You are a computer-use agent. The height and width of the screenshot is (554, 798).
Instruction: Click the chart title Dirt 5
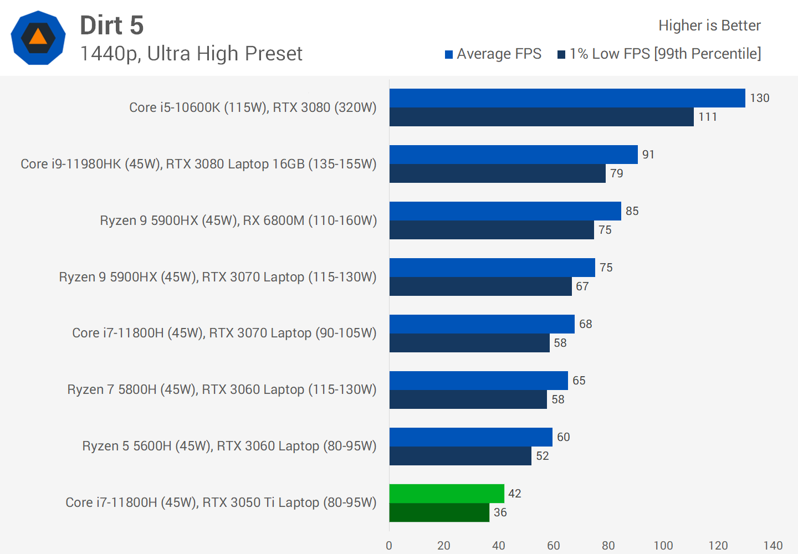click(112, 25)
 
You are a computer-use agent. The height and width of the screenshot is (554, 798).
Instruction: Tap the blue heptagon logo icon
click(38, 38)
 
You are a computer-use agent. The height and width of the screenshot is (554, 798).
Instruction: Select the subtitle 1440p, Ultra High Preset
click(191, 54)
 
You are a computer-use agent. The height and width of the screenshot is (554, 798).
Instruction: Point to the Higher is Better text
click(709, 25)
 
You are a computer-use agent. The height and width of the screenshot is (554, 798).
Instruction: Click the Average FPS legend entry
click(493, 54)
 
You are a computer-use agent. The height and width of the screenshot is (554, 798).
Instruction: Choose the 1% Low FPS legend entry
click(659, 54)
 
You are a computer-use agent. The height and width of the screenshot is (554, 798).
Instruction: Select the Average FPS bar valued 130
click(567, 98)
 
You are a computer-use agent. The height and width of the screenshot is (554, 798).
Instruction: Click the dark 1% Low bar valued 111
click(541, 117)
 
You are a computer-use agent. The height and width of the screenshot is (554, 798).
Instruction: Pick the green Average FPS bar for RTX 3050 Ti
click(447, 494)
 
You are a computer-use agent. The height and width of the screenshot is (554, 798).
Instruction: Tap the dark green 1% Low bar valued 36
click(439, 512)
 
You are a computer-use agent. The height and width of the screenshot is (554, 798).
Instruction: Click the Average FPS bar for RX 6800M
click(505, 211)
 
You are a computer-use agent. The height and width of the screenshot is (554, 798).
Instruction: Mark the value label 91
click(648, 155)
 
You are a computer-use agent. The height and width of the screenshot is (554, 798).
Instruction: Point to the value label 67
click(582, 286)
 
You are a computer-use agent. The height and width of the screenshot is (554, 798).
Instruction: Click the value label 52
click(542, 456)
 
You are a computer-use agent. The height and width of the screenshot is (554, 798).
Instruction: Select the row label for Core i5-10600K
click(253, 107)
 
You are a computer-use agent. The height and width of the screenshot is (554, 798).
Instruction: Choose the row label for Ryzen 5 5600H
click(229, 446)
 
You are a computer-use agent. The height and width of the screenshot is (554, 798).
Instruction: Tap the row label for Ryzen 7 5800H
click(222, 389)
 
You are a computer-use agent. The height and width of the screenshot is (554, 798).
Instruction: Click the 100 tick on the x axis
click(663, 546)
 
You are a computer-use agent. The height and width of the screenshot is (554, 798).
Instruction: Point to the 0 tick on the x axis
click(389, 546)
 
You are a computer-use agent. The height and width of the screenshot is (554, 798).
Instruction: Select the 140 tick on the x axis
click(773, 546)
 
